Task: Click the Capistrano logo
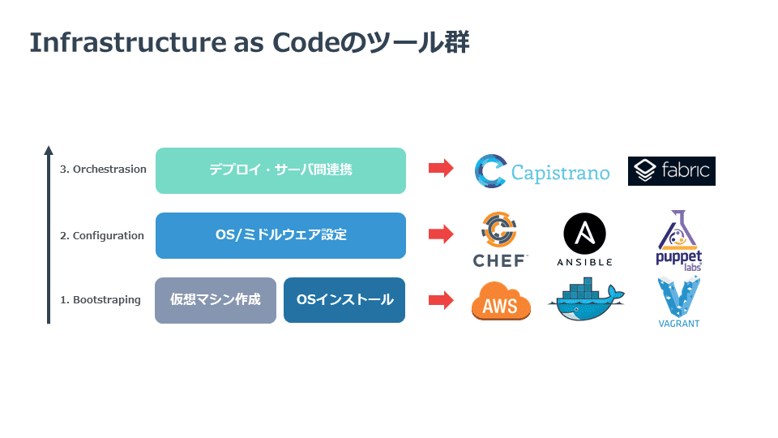pos(542,171)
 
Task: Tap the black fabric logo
pos(671,171)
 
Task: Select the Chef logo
pos(500,239)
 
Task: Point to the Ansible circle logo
pos(584,239)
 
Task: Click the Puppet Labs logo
pos(679,240)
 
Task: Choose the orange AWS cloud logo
pos(501,301)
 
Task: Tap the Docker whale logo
pos(586,299)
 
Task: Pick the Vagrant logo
pos(679,303)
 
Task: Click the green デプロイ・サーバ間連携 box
pos(281,170)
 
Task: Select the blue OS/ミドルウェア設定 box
pos(281,235)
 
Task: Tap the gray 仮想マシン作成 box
pos(216,300)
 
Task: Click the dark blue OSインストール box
pos(344,300)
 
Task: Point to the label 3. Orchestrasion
pos(103,170)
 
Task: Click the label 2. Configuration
pos(102,235)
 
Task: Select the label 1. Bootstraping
pos(100,300)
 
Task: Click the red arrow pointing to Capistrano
pos(441,168)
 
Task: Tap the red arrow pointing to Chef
pos(441,234)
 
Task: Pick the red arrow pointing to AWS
pos(441,300)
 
